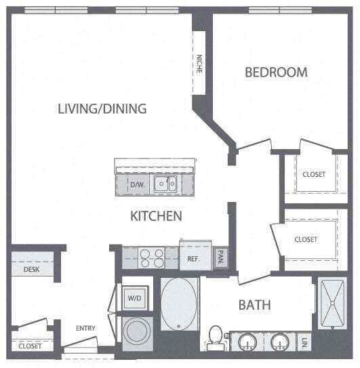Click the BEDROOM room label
click(276, 72)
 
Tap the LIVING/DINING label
click(102, 108)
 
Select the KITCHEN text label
click(156, 216)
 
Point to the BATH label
click(254, 305)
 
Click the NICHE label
click(199, 64)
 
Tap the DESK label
click(31, 269)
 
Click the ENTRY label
click(85, 329)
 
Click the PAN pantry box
click(220, 258)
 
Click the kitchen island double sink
click(165, 183)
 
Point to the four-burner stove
click(151, 258)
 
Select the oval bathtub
click(180, 303)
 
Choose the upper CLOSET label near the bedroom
click(314, 174)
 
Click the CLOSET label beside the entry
click(30, 346)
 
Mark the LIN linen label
click(306, 342)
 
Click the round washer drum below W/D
click(138, 331)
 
